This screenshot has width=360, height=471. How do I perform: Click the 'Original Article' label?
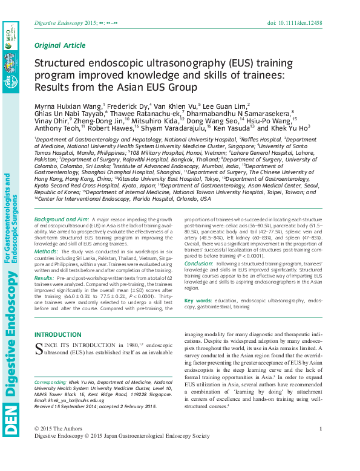point(60,45)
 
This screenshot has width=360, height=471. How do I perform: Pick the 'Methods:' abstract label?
point(47,250)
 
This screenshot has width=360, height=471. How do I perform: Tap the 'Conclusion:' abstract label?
point(198,264)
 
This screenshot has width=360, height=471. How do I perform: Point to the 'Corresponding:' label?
point(50,383)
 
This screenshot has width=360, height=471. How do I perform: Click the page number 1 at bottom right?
point(320,429)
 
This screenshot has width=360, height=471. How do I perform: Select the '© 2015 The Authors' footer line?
point(57,429)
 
